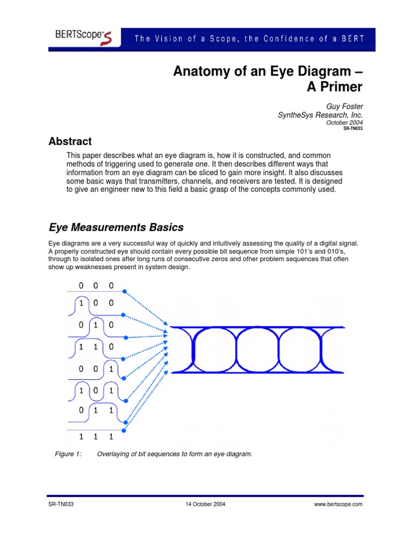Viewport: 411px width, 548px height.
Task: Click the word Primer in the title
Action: click(334, 87)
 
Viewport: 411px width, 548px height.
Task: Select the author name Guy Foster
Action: click(345, 107)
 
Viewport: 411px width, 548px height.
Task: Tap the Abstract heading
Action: click(70, 142)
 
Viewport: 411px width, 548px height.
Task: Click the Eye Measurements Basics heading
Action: click(116, 227)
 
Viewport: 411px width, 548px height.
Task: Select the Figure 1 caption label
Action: click(68, 454)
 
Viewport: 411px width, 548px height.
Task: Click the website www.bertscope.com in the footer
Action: click(339, 505)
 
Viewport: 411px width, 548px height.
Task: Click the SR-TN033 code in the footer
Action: click(60, 505)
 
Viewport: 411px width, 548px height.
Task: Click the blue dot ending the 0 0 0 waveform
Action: click(125, 292)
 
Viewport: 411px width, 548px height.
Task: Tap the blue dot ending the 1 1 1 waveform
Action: click(125, 430)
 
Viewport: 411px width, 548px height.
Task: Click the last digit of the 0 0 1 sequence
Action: click(111, 369)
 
